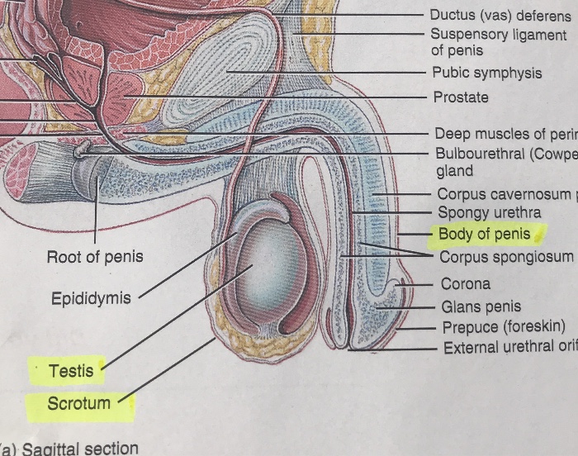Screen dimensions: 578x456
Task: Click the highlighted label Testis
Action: [x=71, y=371]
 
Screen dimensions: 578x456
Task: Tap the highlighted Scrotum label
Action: [x=78, y=404]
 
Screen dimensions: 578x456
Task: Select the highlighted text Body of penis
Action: [x=484, y=234]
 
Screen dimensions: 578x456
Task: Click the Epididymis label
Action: [x=91, y=298]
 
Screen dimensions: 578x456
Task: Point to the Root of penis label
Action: [x=94, y=257]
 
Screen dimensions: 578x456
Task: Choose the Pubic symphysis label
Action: [x=487, y=73]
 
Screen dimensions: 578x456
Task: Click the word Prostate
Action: [x=461, y=97]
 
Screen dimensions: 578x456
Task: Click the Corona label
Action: [x=465, y=284]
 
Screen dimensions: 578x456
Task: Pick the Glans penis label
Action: [x=480, y=306]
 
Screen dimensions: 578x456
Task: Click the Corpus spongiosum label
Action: [x=505, y=256]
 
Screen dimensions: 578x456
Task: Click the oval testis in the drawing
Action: [x=264, y=264]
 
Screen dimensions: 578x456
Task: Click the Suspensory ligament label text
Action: [x=498, y=35]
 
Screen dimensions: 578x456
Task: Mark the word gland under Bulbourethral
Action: [x=454, y=171]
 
